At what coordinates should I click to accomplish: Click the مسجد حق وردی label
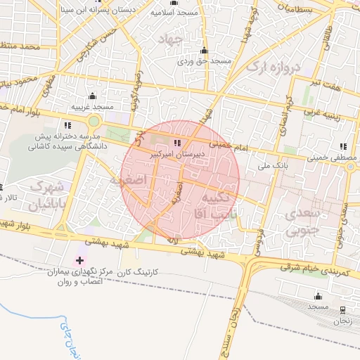click(204, 62)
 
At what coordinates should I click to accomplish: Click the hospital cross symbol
click(79, 260)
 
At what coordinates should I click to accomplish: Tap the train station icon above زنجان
click(342, 309)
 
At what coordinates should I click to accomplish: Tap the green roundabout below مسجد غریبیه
click(94, 121)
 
